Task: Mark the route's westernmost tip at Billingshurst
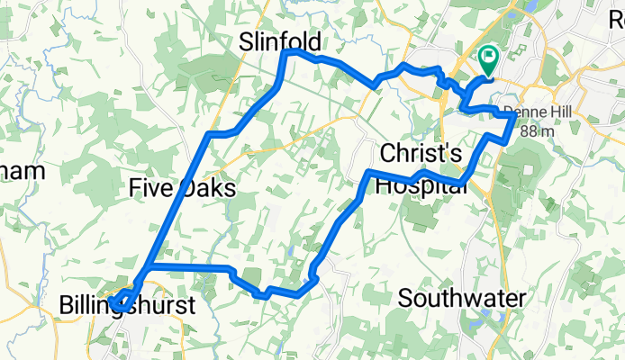click(111, 301)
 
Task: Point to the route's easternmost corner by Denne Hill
click(514, 115)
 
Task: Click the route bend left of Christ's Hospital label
click(369, 172)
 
